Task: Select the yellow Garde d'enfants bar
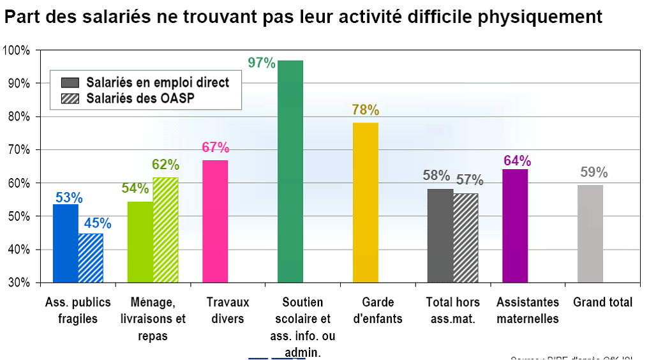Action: click(365, 202)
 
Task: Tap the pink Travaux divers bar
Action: click(215, 221)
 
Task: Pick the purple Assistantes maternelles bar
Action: click(515, 225)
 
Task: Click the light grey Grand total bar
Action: click(590, 234)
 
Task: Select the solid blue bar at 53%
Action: click(65, 243)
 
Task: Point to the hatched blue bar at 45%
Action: click(91, 258)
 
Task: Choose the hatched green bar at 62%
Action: click(165, 230)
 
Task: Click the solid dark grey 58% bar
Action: click(440, 236)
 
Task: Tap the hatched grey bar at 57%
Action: click(466, 237)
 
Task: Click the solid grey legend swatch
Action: click(70, 82)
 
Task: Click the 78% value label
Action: click(365, 110)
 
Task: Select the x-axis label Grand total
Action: click(603, 303)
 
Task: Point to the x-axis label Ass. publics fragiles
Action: click(78, 310)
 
